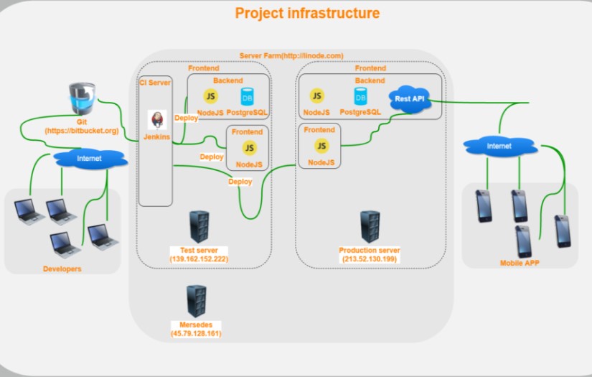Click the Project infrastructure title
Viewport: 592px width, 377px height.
pyautogui.click(x=307, y=13)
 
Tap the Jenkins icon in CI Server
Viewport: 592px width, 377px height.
pyautogui.click(x=156, y=120)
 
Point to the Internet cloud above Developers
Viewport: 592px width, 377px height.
pyautogui.click(x=89, y=157)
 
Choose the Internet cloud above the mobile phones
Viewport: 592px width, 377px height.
pyautogui.click(x=499, y=146)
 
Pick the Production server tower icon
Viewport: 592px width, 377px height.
pyautogui.click(x=370, y=227)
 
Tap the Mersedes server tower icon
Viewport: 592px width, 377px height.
pyautogui.click(x=196, y=302)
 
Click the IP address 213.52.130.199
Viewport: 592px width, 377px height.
pyautogui.click(x=370, y=259)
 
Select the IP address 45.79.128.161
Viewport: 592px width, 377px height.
pyautogui.click(x=196, y=334)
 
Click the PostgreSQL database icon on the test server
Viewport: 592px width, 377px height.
pyautogui.click(x=247, y=96)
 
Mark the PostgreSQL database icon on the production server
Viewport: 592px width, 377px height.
pyautogui.click(x=360, y=96)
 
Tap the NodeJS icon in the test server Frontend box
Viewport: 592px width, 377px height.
pyautogui.click(x=249, y=148)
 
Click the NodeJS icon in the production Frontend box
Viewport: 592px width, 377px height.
pyautogui.click(x=321, y=146)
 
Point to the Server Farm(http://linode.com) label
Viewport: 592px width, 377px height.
pyautogui.click(x=291, y=55)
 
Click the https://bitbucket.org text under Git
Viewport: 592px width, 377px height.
pyautogui.click(x=81, y=131)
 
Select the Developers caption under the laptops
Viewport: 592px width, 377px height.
pyautogui.click(x=62, y=269)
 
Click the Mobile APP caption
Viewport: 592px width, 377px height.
pyautogui.click(x=520, y=264)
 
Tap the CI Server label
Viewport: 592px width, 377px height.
pyautogui.click(x=155, y=83)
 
